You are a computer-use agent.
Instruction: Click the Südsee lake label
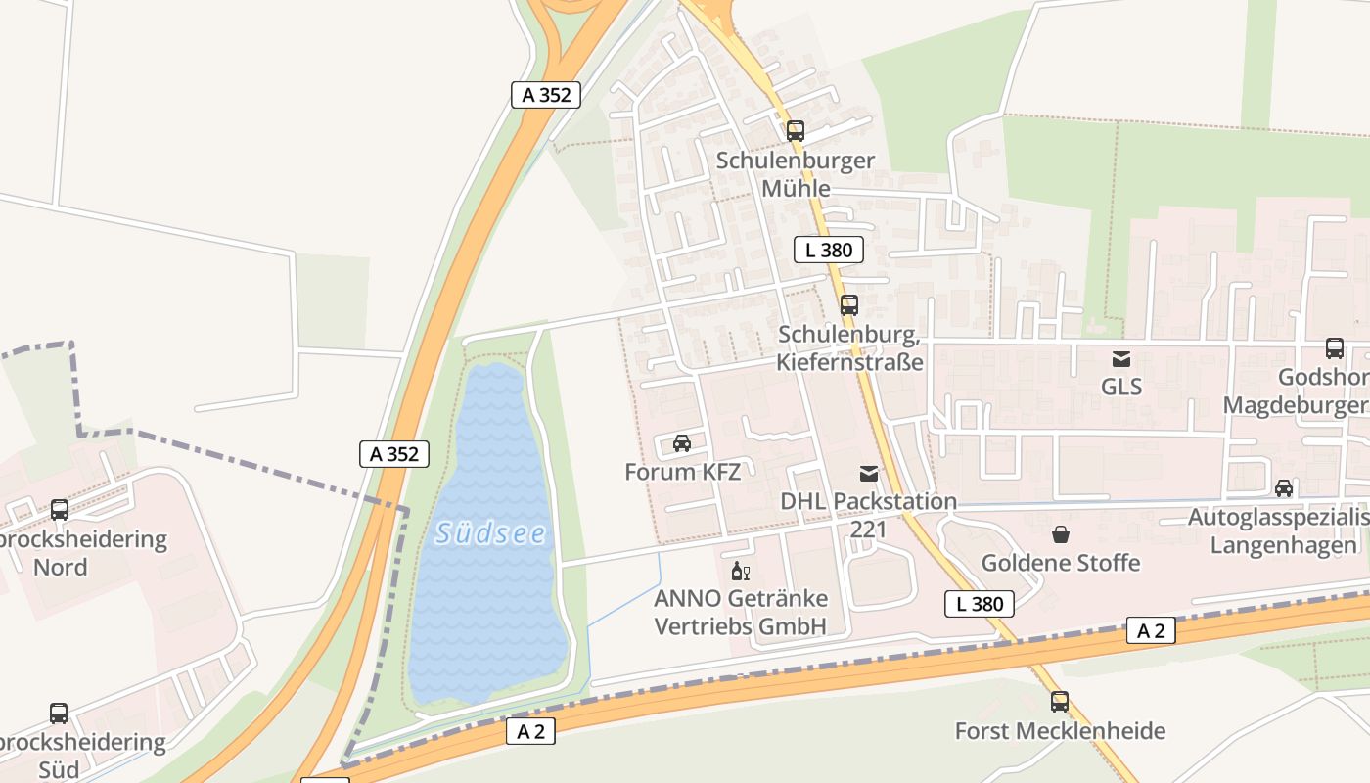tap(490, 533)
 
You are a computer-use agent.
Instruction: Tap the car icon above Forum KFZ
tap(682, 443)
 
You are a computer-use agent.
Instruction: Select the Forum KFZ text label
tap(682, 471)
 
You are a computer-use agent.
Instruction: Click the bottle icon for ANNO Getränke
tap(740, 572)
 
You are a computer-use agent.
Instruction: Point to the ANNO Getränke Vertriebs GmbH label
tap(741, 612)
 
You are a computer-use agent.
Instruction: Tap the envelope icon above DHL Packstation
tap(869, 474)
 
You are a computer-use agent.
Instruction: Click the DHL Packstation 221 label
tap(869, 515)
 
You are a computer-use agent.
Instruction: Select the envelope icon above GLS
tap(1121, 359)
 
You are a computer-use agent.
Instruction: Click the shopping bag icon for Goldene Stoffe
tap(1061, 534)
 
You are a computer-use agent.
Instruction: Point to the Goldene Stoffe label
tap(1061, 563)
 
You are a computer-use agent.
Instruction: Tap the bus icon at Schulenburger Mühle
tap(796, 130)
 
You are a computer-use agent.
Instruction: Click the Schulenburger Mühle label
tap(796, 174)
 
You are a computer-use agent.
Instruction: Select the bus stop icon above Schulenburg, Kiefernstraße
tap(849, 305)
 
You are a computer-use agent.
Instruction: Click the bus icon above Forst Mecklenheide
tap(1060, 702)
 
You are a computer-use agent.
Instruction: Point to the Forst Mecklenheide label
tap(1060, 731)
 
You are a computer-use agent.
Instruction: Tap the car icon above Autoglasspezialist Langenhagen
tap(1284, 488)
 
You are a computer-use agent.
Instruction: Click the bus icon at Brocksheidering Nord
tap(60, 510)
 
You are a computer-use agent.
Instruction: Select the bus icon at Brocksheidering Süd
tap(59, 714)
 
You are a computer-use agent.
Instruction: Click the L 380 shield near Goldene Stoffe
tap(980, 604)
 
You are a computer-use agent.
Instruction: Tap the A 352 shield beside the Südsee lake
tap(394, 454)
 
